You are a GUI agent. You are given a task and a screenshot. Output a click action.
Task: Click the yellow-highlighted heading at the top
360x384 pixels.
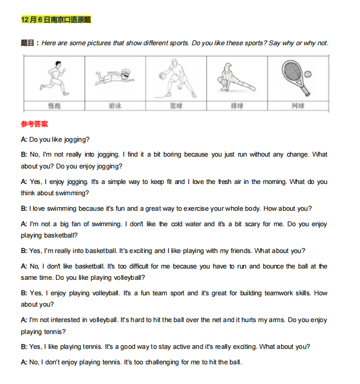(56, 20)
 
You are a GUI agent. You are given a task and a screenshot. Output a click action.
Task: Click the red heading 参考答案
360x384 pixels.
(35, 124)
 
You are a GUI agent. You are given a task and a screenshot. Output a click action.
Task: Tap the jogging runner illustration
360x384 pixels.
(54, 79)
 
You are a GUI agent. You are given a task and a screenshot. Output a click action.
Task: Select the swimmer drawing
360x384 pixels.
(115, 77)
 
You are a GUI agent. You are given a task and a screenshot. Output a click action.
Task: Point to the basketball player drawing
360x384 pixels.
(176, 79)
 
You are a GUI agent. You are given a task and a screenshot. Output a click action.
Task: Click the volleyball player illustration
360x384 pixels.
(236, 77)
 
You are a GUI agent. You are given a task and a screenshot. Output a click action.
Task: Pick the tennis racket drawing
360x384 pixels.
(295, 78)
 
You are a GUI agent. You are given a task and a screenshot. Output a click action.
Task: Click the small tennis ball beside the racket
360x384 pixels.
(308, 74)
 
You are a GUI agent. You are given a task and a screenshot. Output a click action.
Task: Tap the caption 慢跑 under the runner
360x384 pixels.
(54, 106)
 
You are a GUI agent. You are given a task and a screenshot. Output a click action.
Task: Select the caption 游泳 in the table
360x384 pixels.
(115, 106)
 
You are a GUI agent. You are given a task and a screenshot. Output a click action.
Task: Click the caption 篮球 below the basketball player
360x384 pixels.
(176, 106)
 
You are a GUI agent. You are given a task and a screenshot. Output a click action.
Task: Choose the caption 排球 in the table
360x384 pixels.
(237, 106)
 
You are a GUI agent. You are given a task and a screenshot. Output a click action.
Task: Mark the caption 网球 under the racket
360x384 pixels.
(298, 106)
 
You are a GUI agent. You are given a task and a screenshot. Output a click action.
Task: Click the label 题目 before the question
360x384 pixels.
(27, 43)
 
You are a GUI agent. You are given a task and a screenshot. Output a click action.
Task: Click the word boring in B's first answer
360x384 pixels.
(172, 155)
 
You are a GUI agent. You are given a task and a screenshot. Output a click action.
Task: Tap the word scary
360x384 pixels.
(252, 224)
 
